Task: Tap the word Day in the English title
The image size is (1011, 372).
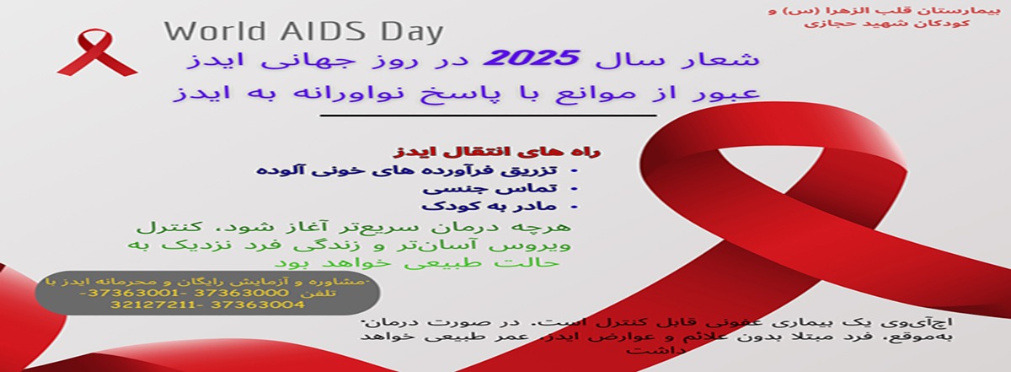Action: (411, 32)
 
